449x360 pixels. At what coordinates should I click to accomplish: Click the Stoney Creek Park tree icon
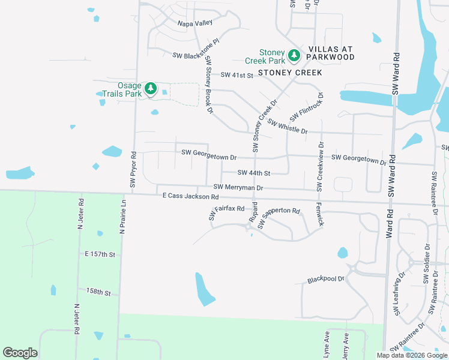point(294,56)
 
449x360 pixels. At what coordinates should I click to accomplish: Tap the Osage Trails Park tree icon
point(151,89)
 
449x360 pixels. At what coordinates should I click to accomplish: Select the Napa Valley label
point(195,23)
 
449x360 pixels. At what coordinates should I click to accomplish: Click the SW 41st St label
point(237,75)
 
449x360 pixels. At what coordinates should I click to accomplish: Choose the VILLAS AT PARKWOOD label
point(331,53)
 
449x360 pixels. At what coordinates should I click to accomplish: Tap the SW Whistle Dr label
point(288,127)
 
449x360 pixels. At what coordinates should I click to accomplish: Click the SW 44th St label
point(255,173)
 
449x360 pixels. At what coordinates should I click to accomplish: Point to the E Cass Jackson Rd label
point(190,196)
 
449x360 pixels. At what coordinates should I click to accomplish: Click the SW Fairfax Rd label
point(226,212)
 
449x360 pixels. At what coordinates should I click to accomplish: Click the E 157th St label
point(100,254)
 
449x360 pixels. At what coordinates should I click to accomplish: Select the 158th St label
point(98,292)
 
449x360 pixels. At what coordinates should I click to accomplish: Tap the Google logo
point(20,353)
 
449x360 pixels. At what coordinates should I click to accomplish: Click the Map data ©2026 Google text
point(412,355)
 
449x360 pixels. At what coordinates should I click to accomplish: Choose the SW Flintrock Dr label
point(307,106)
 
